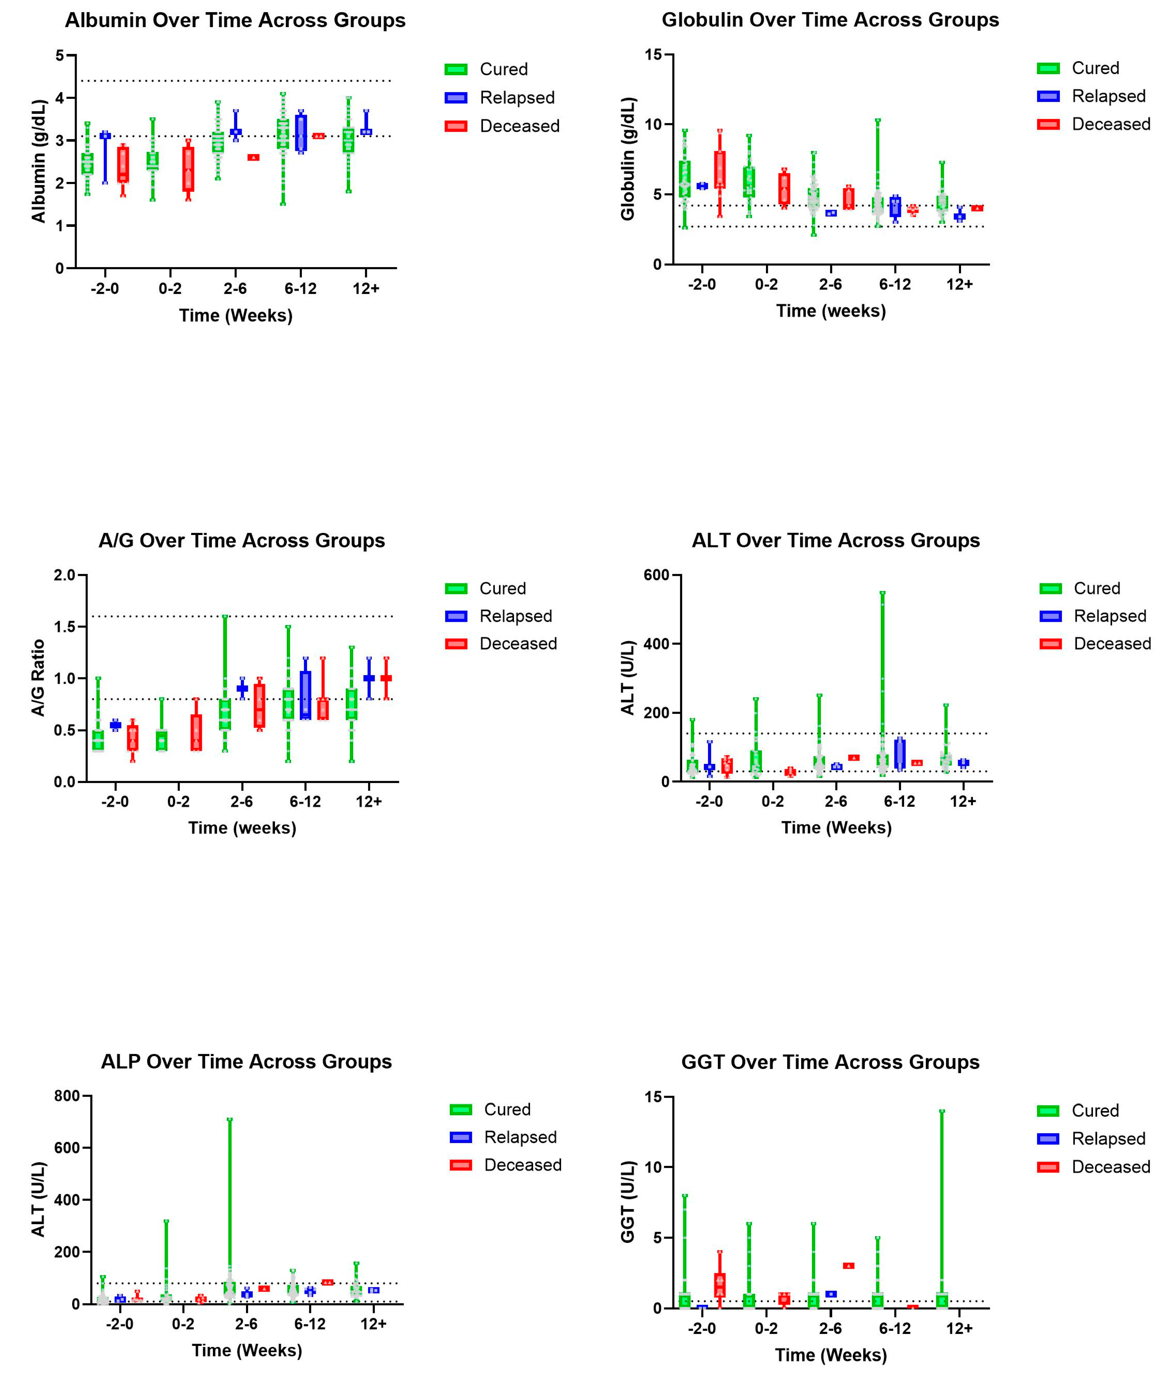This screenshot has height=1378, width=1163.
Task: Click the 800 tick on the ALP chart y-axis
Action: point(67,1096)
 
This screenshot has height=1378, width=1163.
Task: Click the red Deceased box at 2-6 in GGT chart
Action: point(848,1265)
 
